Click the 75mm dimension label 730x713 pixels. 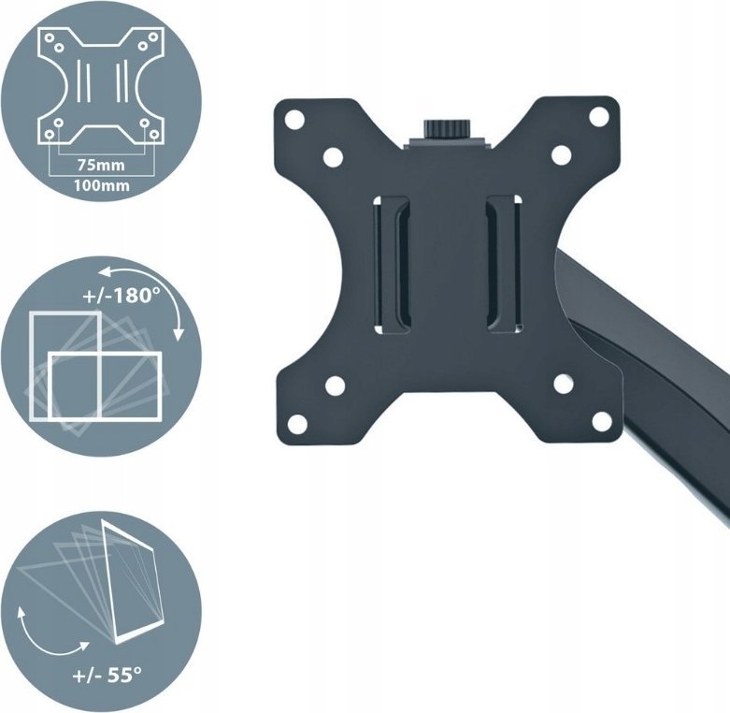(x=100, y=163)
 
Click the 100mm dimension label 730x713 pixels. (x=101, y=185)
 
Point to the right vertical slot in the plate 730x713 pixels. (x=505, y=264)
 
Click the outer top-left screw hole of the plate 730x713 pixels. (x=295, y=120)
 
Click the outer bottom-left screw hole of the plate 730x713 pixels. (x=297, y=423)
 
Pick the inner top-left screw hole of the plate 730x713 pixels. (x=334, y=158)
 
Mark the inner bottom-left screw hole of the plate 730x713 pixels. (x=335, y=385)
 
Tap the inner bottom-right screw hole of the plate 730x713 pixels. (x=564, y=384)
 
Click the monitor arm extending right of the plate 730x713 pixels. (x=654, y=374)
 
